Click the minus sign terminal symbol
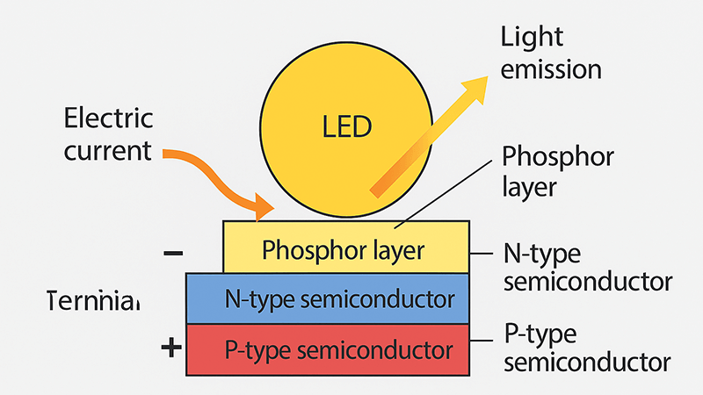173,254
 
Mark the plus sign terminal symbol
171,348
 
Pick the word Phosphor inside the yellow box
303,251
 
